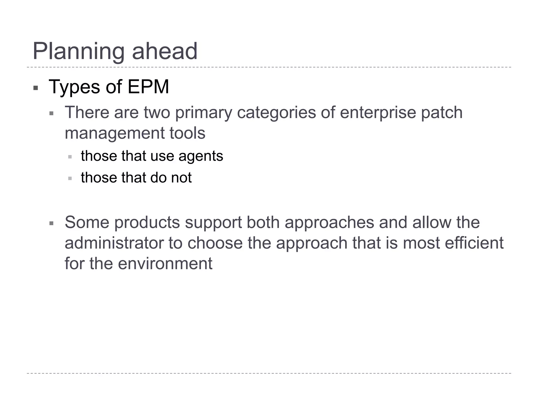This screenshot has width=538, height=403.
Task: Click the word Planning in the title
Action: click(x=78, y=51)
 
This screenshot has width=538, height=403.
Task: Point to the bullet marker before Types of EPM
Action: click(x=36, y=88)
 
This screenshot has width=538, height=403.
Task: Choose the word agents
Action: click(x=201, y=156)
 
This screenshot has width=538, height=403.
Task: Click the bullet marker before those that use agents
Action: click(x=70, y=157)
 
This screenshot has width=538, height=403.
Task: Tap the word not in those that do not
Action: click(x=181, y=178)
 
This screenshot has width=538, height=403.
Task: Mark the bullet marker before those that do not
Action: click(x=70, y=178)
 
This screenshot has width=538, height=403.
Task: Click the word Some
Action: click(x=87, y=222)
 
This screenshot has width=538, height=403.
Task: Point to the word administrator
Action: click(x=114, y=243)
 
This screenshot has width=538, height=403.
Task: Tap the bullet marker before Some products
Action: click(x=51, y=224)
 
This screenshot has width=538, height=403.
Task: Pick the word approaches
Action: click(x=329, y=223)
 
